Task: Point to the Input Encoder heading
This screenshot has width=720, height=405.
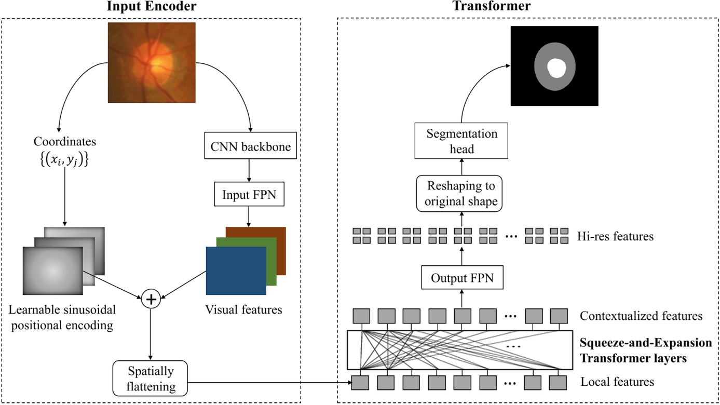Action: (151, 7)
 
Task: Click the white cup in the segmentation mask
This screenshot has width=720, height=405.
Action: (557, 68)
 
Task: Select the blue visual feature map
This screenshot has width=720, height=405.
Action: (236, 271)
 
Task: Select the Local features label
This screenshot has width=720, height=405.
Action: (617, 383)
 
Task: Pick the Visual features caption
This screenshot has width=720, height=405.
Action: (243, 310)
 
